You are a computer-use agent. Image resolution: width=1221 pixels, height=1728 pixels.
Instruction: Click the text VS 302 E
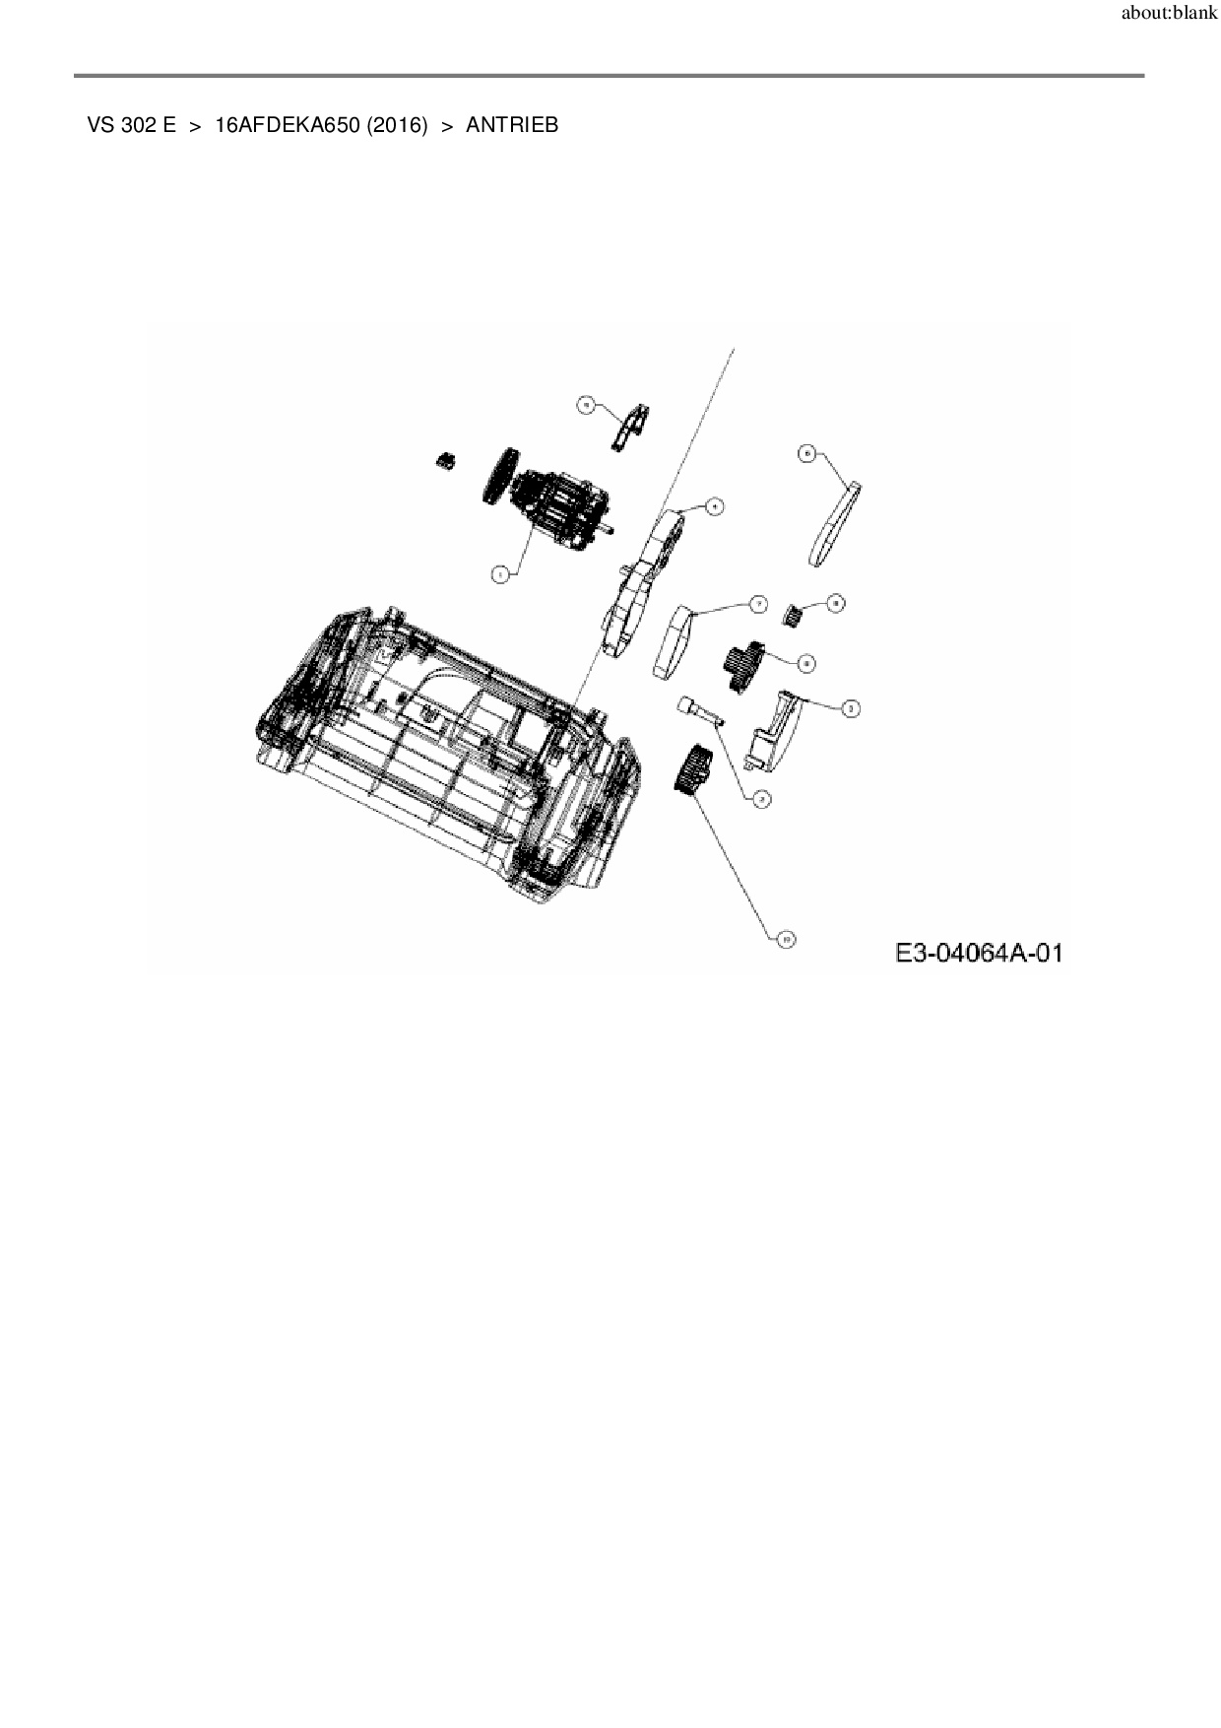[x=131, y=126]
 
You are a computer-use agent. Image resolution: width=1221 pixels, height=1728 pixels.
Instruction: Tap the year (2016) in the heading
[x=397, y=126]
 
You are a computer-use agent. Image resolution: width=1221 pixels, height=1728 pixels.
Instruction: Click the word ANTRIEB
[x=512, y=126]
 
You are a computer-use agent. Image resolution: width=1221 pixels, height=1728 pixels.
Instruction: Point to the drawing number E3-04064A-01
[x=979, y=953]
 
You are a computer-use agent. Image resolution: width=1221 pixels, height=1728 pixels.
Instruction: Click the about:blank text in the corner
[x=1169, y=15]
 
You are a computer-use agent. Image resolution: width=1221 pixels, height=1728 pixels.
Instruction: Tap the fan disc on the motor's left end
[x=500, y=477]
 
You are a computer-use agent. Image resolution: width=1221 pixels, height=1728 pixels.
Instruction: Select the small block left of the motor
[x=447, y=460]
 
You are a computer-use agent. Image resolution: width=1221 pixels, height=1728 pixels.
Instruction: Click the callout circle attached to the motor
[x=500, y=573]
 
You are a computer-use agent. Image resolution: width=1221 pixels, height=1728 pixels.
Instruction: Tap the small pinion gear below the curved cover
[x=794, y=617]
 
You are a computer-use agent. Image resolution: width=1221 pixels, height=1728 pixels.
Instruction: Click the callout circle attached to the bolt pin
[x=760, y=800]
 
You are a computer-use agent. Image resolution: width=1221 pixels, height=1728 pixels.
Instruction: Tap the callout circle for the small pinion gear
[x=835, y=603]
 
